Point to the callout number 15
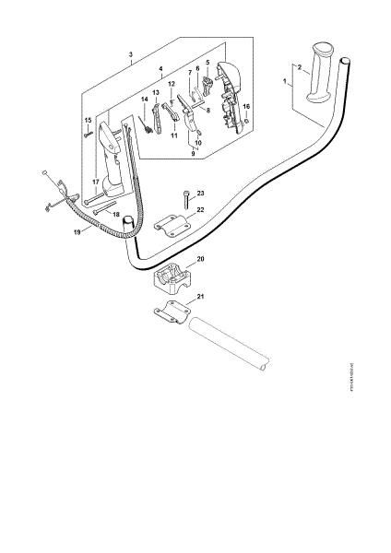click(89, 120)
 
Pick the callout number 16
click(244, 107)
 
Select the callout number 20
click(201, 260)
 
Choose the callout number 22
click(200, 211)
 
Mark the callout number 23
click(200, 192)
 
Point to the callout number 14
click(143, 99)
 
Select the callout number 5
click(207, 63)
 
